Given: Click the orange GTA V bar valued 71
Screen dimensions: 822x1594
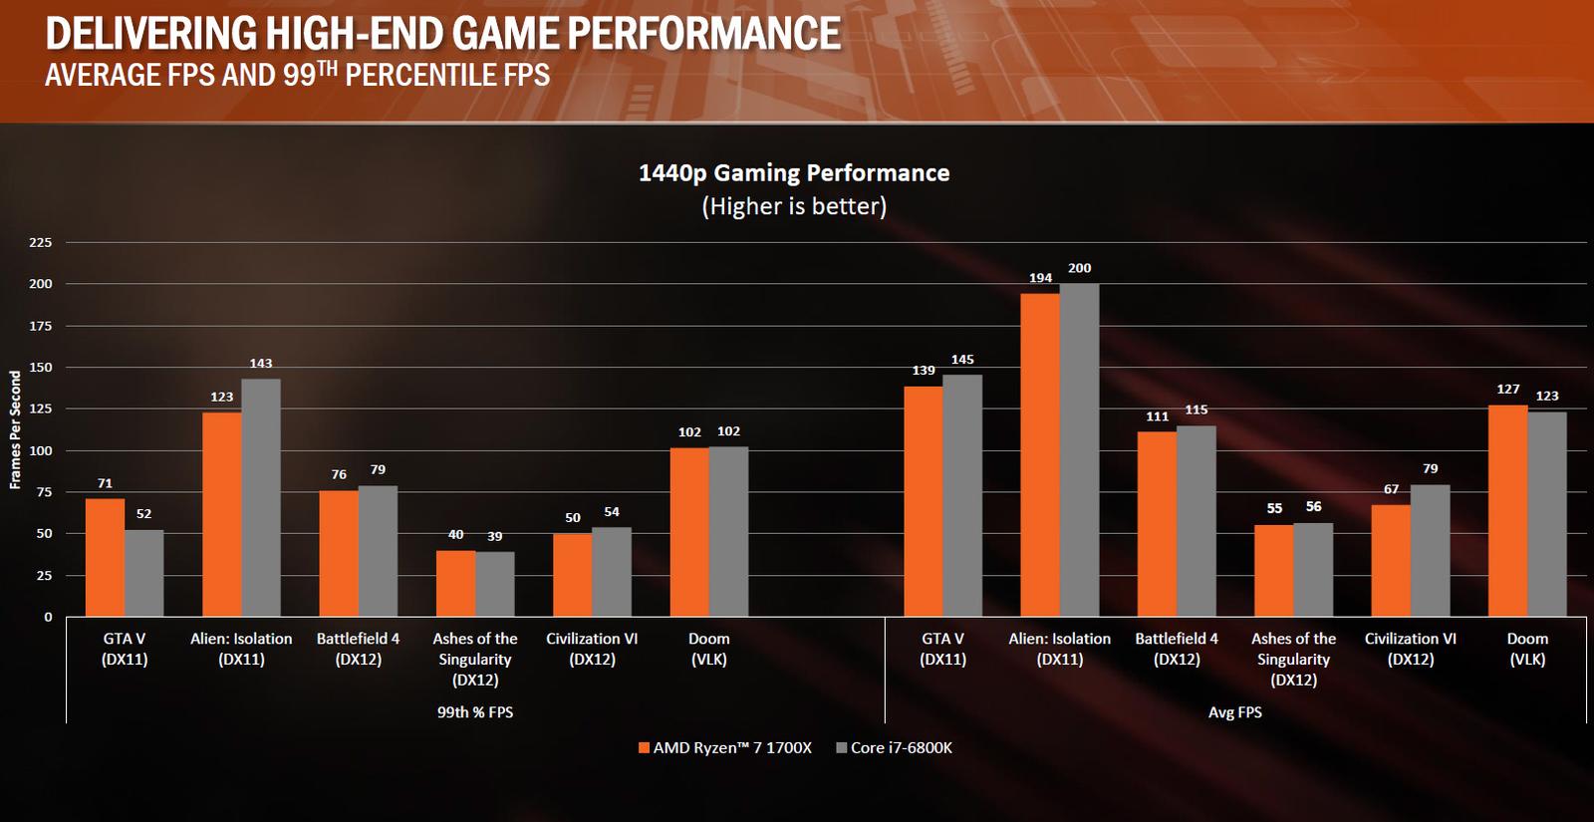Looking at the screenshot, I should (105, 557).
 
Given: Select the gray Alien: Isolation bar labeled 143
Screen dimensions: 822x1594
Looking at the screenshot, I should (261, 497).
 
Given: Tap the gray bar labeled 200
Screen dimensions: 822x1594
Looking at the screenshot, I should (1079, 449).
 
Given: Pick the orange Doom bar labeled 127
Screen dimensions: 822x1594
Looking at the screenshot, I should (1507, 510).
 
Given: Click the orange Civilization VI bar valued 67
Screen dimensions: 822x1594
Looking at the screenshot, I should (1391, 560).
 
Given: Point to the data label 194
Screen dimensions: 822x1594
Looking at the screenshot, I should (1040, 278).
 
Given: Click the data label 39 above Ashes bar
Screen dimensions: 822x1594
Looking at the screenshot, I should (495, 536).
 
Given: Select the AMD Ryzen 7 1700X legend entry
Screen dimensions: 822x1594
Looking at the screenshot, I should (724, 748).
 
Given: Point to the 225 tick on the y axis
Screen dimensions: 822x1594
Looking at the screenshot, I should (41, 242).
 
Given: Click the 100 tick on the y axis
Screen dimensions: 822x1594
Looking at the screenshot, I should (41, 450).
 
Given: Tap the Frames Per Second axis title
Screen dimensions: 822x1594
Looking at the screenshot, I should (15, 429).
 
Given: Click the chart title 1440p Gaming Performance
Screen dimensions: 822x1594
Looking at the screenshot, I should (794, 173).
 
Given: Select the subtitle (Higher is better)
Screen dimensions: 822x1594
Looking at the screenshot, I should (794, 206).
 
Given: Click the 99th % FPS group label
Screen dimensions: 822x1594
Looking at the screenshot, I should (474, 712).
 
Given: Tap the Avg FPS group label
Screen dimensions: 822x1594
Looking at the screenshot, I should (1234, 712).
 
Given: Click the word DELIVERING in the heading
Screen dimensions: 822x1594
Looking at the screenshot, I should (150, 34).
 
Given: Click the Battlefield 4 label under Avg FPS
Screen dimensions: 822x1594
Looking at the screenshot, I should (1177, 649).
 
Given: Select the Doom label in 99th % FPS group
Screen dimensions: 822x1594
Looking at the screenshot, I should (709, 649).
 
